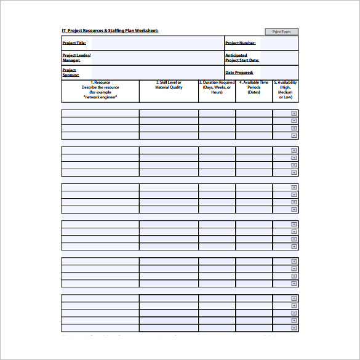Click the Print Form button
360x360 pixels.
coord(281,31)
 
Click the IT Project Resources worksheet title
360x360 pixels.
coord(110,30)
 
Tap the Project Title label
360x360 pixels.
coord(74,43)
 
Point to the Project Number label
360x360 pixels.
coord(240,43)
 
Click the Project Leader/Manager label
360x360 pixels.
coord(76,58)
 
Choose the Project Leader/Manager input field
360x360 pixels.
coord(158,58)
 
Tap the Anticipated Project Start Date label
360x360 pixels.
coord(242,58)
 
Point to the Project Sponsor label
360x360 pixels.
coord(71,73)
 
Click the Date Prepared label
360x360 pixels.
coord(239,73)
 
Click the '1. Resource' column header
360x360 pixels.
coord(100,90)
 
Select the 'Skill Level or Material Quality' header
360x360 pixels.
coord(169,85)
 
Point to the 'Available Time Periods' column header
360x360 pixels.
coord(254,87)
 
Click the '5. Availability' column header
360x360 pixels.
coord(286,90)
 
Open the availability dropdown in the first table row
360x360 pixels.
coord(294,113)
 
